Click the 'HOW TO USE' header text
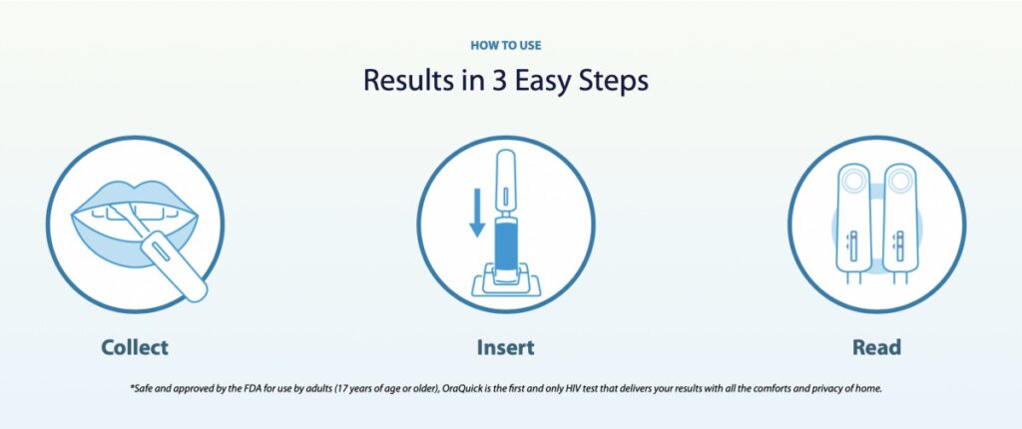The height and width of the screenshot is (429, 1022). (505, 46)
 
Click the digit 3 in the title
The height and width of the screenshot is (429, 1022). (497, 81)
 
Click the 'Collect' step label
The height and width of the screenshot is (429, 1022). (135, 347)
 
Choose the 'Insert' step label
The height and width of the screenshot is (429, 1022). (505, 347)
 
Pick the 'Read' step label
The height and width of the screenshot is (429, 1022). (876, 347)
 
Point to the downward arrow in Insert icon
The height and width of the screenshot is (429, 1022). (477, 213)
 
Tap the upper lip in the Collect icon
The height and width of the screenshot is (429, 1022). (135, 197)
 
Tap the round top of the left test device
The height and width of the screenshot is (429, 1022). (853, 180)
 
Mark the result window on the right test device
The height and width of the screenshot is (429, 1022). (899, 245)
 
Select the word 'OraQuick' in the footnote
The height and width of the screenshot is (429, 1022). (459, 388)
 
